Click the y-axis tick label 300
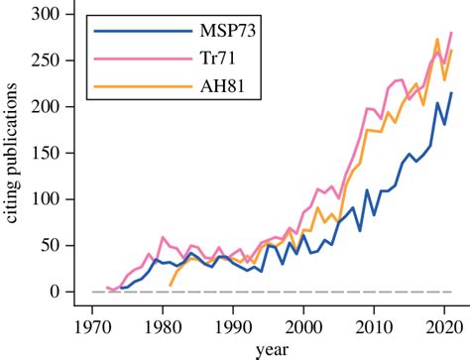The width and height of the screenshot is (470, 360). pos(39,13)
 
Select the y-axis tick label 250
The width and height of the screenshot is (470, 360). pos(39,60)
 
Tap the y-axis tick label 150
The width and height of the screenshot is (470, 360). pos(39,153)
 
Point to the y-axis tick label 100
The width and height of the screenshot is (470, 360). pos(39,199)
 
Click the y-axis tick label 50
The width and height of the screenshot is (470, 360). pos(43,246)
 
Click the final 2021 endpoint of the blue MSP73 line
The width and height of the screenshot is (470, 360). pos(451,93)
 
